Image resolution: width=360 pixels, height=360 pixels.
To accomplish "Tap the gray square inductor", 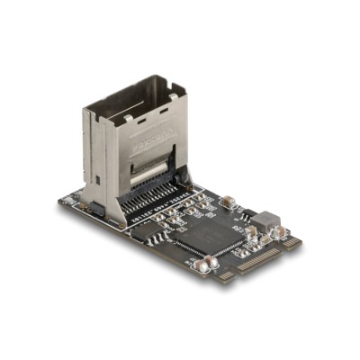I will coord(265,220).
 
